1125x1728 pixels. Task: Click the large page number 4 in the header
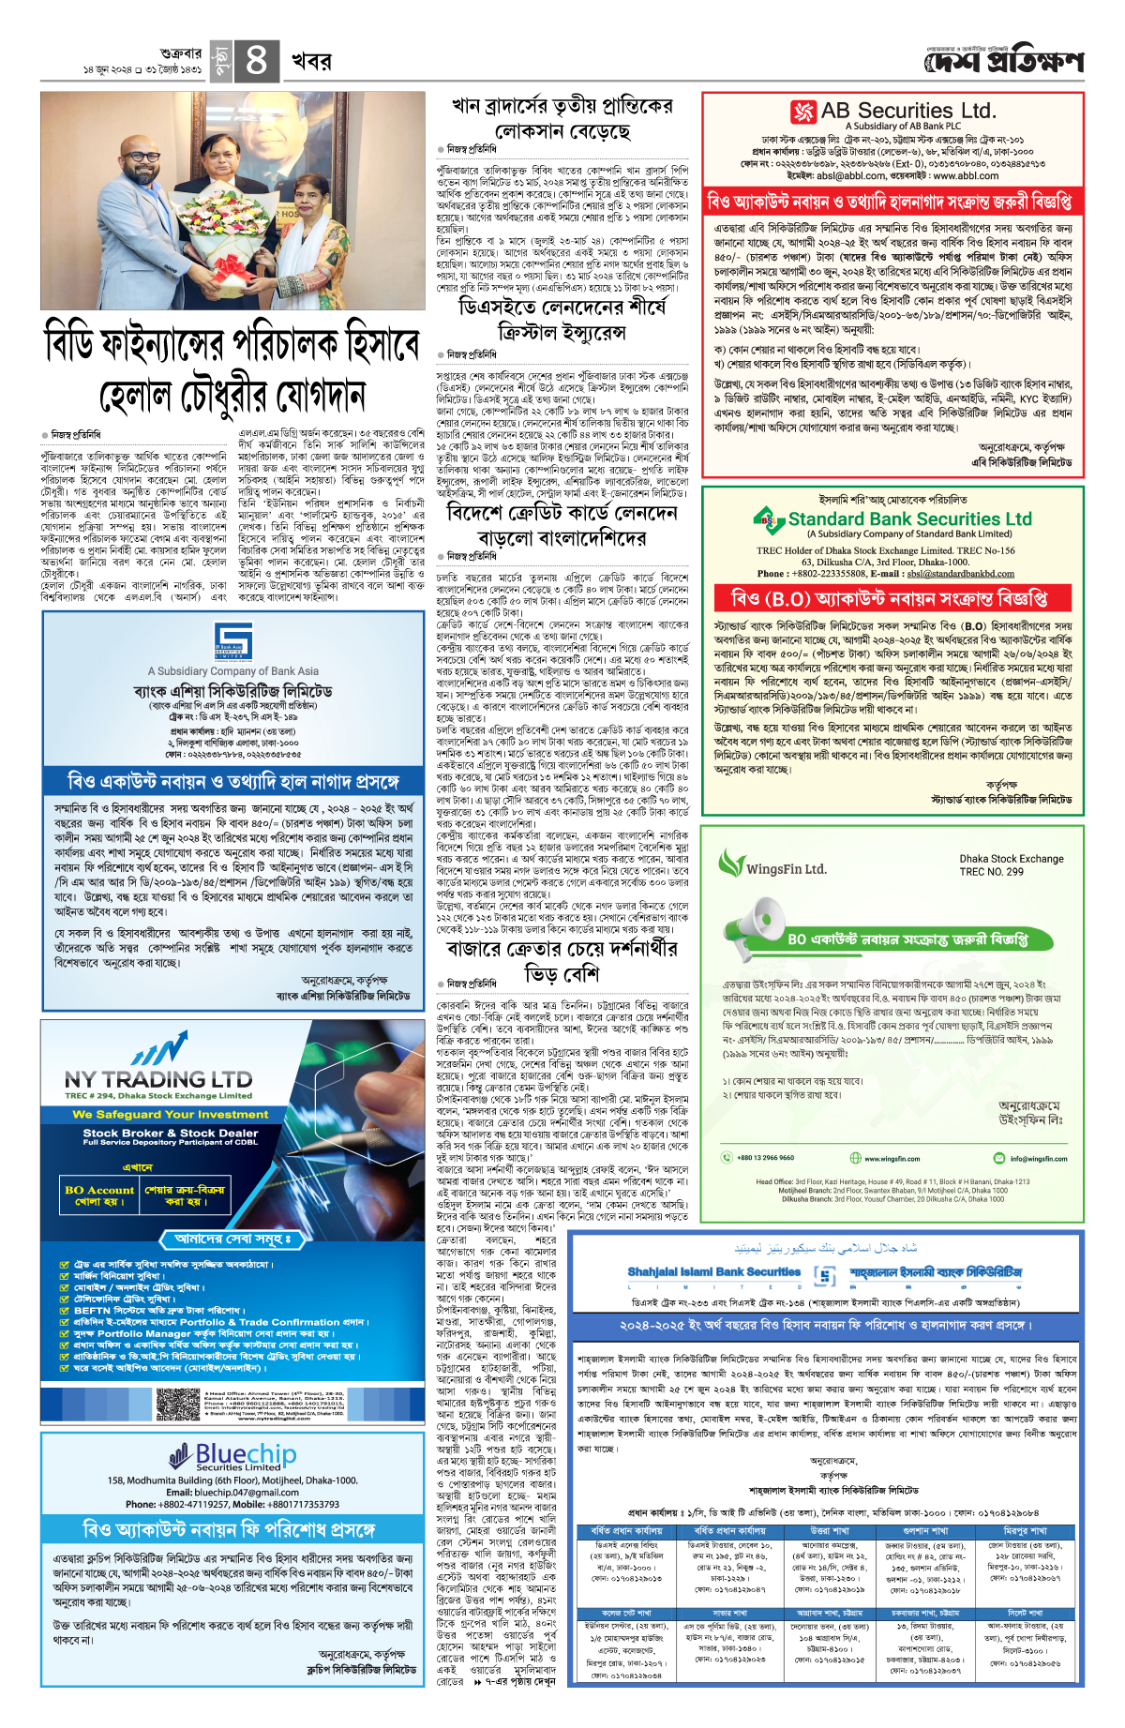tap(255, 61)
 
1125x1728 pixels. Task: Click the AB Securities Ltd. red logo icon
tap(803, 112)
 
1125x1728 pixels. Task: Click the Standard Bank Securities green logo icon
tap(769, 518)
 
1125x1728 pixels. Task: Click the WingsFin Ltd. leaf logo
tap(731, 863)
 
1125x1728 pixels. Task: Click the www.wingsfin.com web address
tap(892, 1158)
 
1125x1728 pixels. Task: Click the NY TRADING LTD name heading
tap(158, 1079)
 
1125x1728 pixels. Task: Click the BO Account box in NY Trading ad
tap(99, 1195)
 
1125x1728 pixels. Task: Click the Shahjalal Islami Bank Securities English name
tap(714, 1272)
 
